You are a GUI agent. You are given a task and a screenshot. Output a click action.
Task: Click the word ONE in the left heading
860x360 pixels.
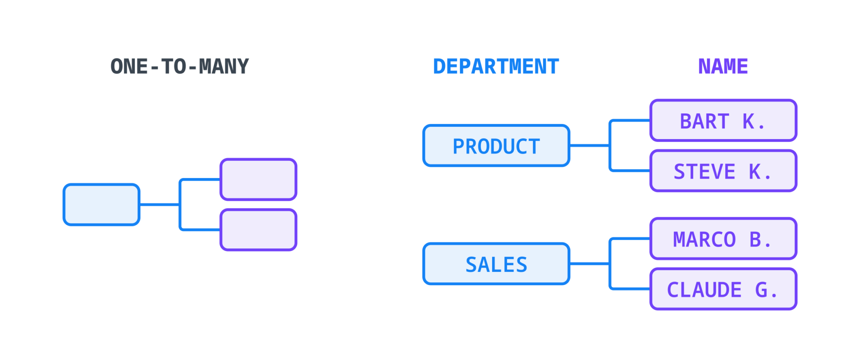click(129, 66)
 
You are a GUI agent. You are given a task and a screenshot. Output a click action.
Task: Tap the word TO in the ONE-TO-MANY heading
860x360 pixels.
click(174, 66)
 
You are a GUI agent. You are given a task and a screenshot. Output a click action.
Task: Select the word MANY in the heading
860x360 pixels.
click(224, 66)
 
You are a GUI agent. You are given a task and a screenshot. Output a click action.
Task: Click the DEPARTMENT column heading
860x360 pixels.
click(496, 66)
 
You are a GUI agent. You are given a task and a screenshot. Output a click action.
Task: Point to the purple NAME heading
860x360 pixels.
click(723, 66)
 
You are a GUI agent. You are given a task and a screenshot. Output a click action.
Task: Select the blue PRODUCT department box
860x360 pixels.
click(496, 146)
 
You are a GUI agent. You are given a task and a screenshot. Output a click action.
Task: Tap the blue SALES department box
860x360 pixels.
click(496, 263)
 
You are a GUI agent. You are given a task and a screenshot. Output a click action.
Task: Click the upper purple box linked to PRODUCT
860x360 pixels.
click(723, 120)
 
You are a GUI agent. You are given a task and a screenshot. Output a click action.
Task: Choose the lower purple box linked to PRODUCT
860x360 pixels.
click(723, 171)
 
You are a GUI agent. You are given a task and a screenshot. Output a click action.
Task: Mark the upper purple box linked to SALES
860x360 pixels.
click(723, 238)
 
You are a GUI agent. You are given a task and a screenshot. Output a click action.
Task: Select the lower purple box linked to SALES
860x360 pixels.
click(723, 289)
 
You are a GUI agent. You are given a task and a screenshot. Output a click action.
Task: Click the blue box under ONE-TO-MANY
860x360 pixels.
click(101, 205)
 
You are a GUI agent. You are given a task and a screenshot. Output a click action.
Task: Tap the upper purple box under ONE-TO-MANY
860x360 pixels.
click(258, 179)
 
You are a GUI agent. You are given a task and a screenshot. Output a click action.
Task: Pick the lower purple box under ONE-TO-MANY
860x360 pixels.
click(258, 229)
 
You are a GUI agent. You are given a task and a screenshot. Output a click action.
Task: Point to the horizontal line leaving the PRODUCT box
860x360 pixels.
click(589, 146)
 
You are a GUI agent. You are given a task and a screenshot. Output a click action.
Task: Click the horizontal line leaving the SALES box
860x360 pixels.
click(589, 263)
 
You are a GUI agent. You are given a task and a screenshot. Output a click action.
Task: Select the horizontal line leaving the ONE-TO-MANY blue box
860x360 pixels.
click(160, 205)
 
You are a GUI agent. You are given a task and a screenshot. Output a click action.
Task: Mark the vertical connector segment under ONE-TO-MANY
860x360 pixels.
click(179, 214)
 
